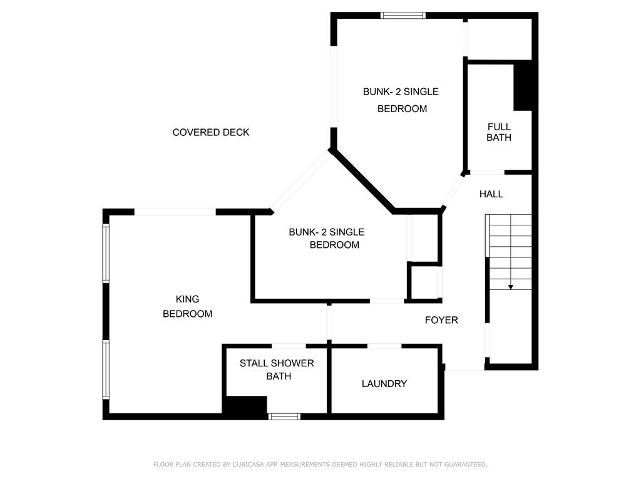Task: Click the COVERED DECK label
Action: tap(210, 133)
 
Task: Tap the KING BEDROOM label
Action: tap(188, 306)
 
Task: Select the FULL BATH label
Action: tap(499, 132)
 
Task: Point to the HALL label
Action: tap(491, 194)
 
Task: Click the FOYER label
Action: tap(441, 320)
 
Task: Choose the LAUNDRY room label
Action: tap(384, 384)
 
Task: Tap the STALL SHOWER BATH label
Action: tap(277, 370)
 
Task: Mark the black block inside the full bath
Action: tap(523, 85)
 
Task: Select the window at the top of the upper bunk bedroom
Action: tap(403, 16)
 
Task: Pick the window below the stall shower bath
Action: tap(284, 416)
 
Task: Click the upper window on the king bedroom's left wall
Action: tap(106, 253)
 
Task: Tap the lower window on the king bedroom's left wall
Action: tap(106, 370)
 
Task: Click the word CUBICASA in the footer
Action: tap(249, 464)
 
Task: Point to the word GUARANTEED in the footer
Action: tap(466, 464)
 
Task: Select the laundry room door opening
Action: tap(384, 346)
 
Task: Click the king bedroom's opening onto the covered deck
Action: tap(175, 212)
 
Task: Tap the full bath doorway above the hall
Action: tap(487, 172)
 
